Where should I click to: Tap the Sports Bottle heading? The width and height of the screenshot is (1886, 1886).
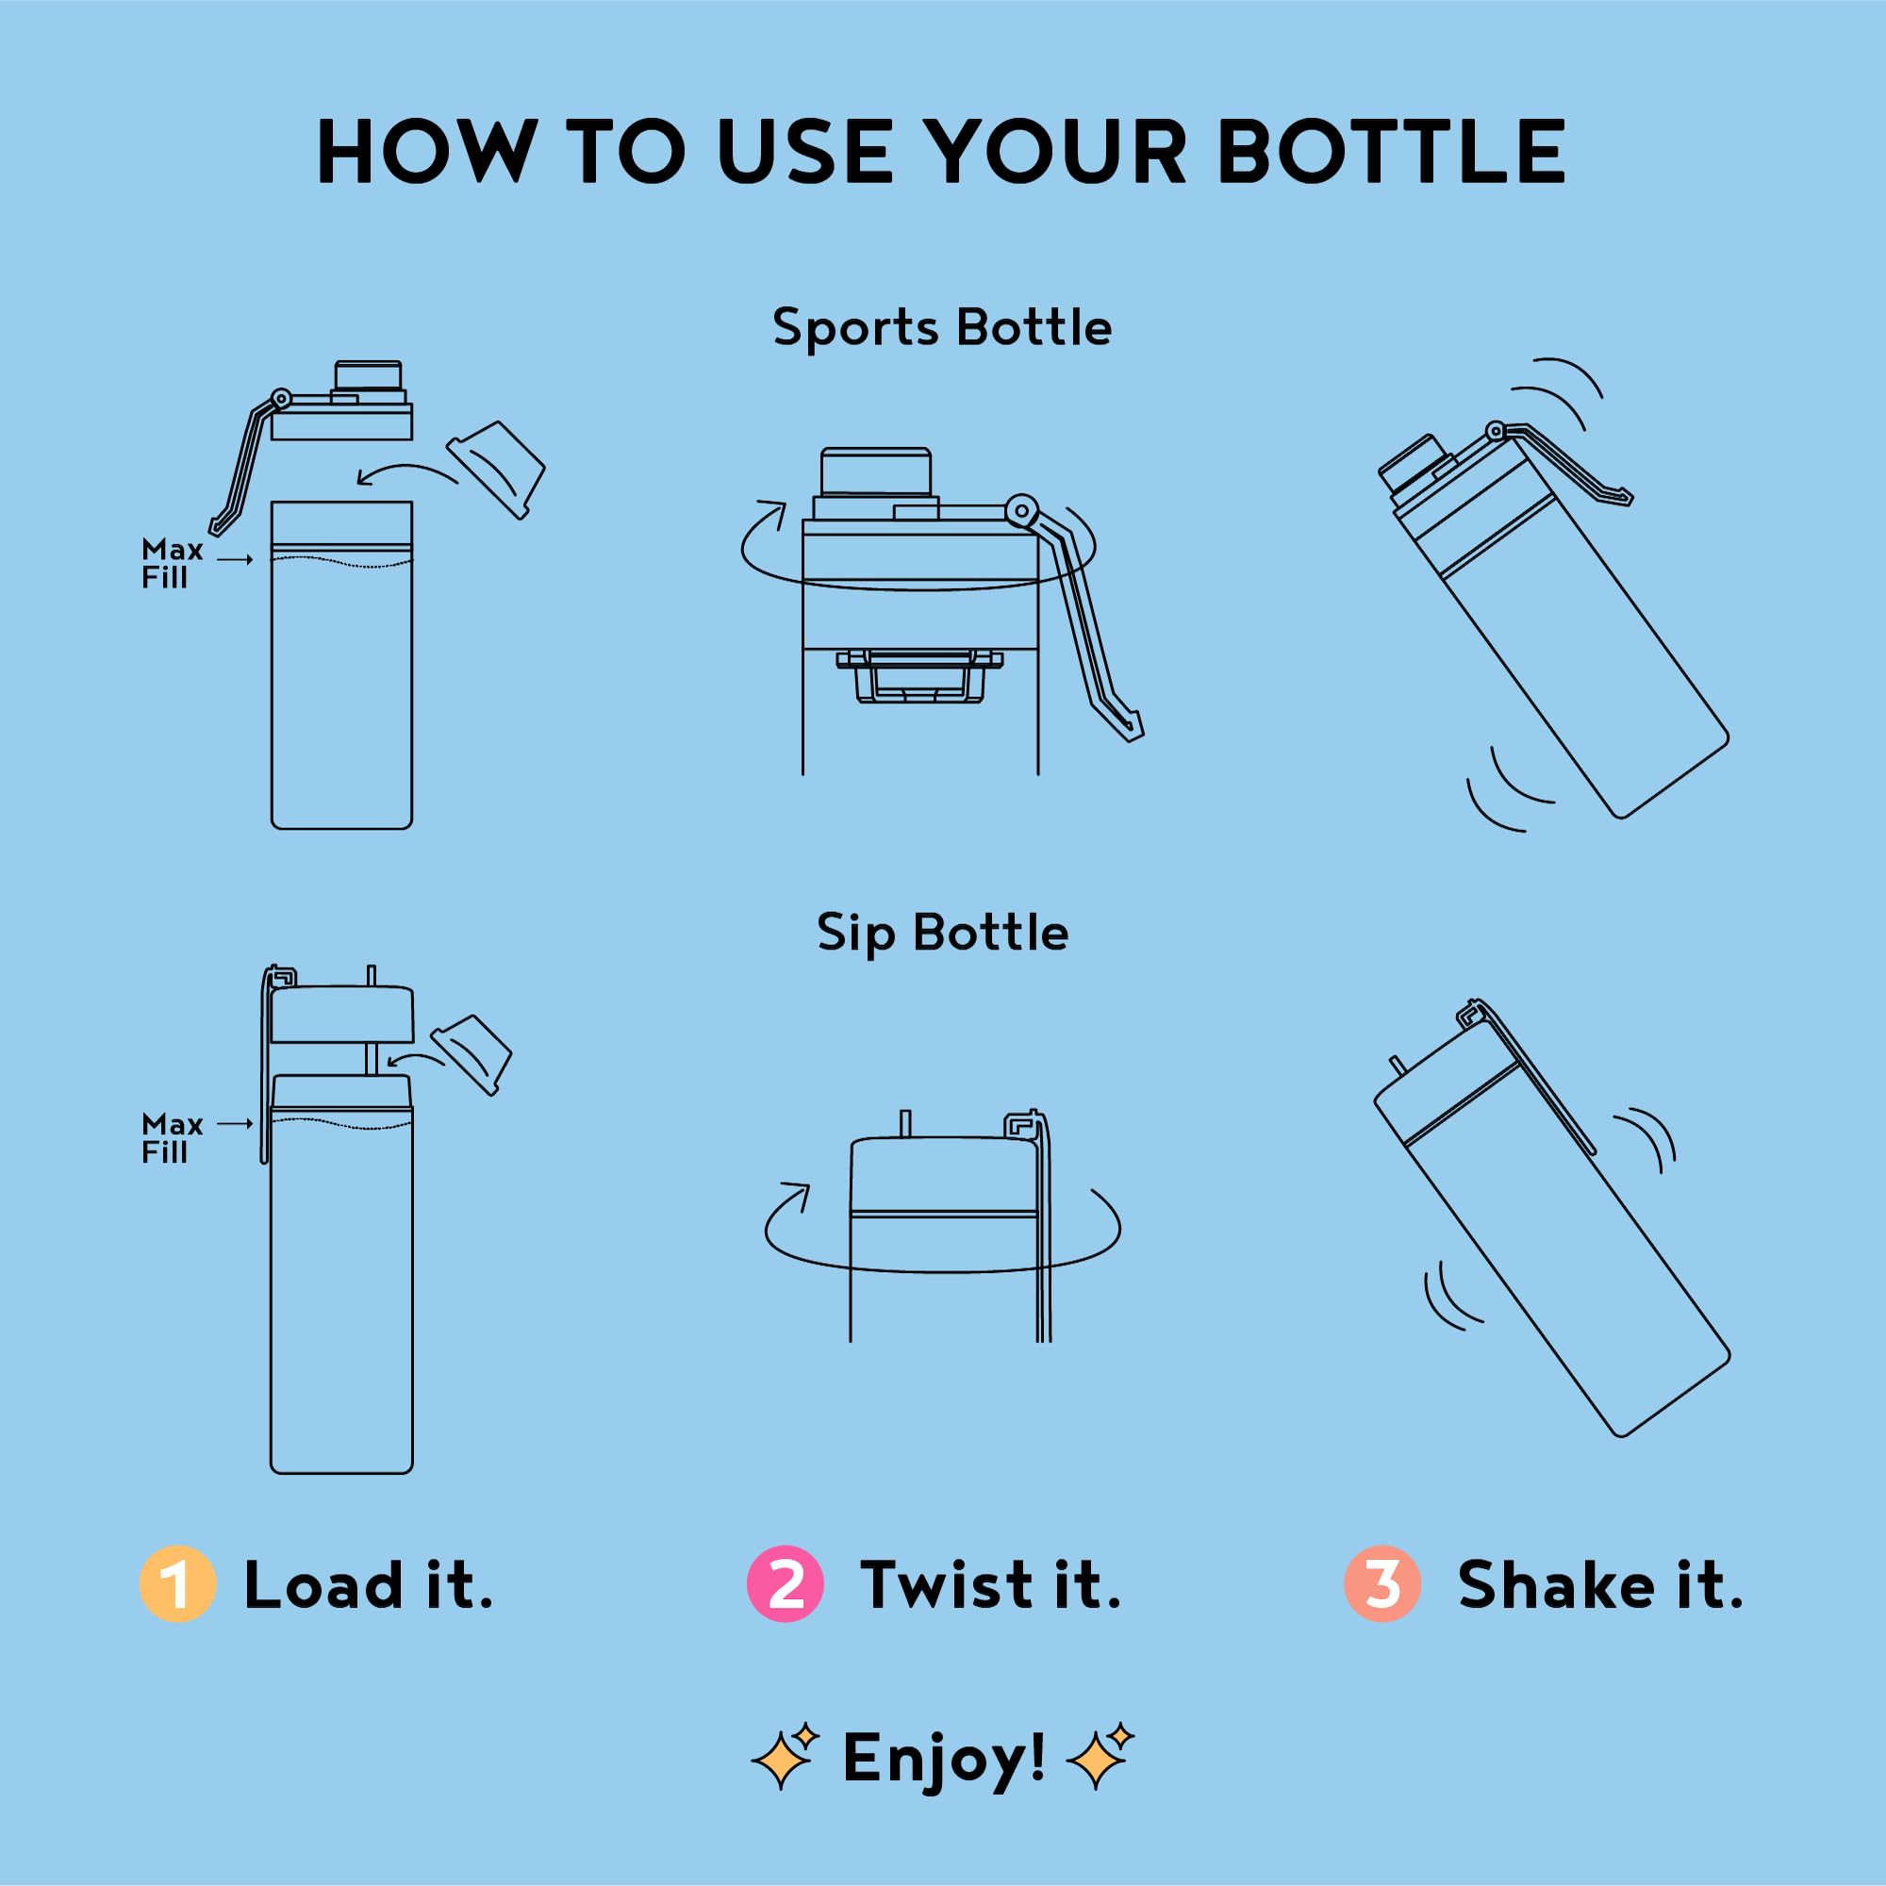pyautogui.click(x=942, y=328)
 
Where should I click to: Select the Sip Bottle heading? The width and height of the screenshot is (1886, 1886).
pyautogui.click(x=942, y=935)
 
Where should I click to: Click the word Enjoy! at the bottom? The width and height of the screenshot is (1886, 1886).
pyautogui.click(x=944, y=1760)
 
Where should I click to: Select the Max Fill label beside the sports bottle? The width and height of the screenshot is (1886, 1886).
pyautogui.click(x=172, y=563)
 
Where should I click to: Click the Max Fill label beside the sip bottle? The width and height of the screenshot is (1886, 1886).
pyautogui.click(x=172, y=1138)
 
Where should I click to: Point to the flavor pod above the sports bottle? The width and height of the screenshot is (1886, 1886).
pyautogui.click(x=496, y=470)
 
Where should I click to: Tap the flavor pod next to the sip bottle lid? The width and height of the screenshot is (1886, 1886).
pyautogui.click(x=471, y=1054)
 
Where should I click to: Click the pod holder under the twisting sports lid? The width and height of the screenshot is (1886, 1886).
pyautogui.click(x=919, y=675)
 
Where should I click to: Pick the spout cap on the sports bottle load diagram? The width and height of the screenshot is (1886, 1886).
pyautogui.click(x=368, y=376)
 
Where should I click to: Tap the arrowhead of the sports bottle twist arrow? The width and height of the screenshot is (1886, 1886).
pyautogui.click(x=776, y=511)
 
